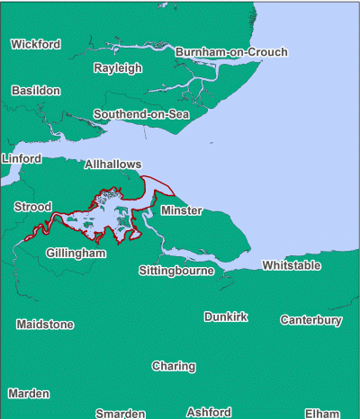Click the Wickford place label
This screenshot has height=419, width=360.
pyautogui.click(x=36, y=44)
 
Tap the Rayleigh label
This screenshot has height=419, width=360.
pyautogui.click(x=118, y=68)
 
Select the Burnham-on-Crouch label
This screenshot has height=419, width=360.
pyautogui.click(x=231, y=52)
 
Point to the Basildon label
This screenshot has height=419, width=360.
pyautogui.click(x=36, y=91)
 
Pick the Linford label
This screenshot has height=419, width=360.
pyautogui.click(x=22, y=159)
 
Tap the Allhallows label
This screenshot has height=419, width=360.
pyautogui.click(x=112, y=165)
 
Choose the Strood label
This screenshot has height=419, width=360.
pyautogui.click(x=32, y=208)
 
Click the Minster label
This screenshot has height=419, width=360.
pyautogui.click(x=182, y=210)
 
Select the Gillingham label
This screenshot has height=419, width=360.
pyautogui.click(x=76, y=254)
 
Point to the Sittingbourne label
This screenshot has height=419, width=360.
pyautogui.click(x=176, y=271)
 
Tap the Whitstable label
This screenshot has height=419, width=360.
pyautogui.click(x=291, y=265)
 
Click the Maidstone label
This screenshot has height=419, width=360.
pyautogui.click(x=45, y=324)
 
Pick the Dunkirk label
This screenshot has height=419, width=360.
pyautogui.click(x=226, y=317)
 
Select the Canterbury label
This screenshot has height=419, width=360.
pyautogui.click(x=311, y=320)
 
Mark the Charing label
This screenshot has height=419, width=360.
pyautogui.click(x=173, y=367)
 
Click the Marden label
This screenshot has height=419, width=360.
pyautogui.click(x=29, y=394)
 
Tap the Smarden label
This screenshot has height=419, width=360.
pyautogui.click(x=121, y=414)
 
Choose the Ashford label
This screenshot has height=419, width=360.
pyautogui.click(x=209, y=412)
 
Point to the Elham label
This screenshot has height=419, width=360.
pyautogui.click(x=322, y=414)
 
